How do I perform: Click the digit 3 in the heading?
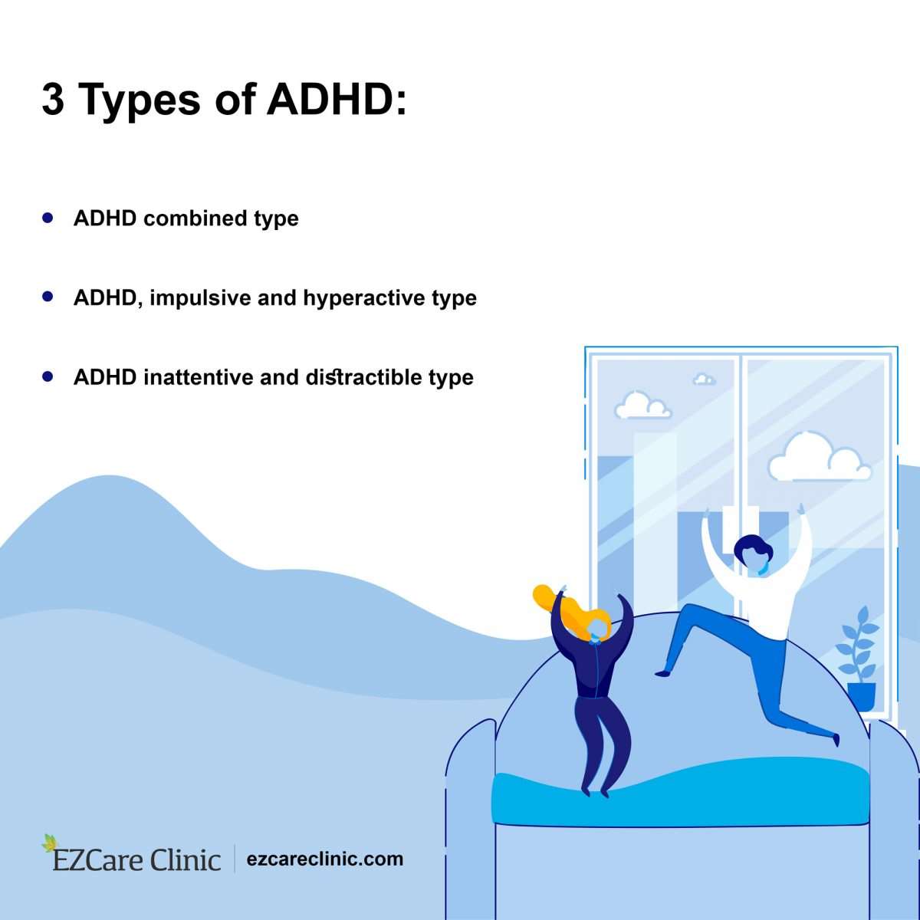pos(53,100)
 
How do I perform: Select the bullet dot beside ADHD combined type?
pos(48,218)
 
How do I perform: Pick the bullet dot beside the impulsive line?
pos(48,296)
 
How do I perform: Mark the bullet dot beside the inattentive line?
pos(48,376)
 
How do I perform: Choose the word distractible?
pos(363,377)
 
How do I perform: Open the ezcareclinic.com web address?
pos(325,859)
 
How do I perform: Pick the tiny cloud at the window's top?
pos(704,379)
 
